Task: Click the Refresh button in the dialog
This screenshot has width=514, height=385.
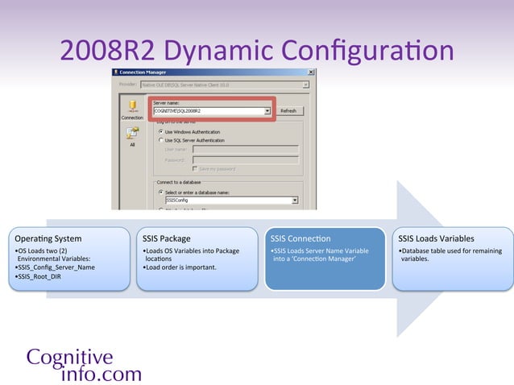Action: click(288, 111)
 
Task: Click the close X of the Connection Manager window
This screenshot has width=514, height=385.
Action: click(311, 72)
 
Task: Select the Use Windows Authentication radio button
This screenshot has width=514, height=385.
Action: click(161, 131)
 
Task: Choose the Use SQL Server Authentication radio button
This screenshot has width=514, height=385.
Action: click(161, 139)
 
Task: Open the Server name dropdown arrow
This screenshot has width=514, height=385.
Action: click(267, 111)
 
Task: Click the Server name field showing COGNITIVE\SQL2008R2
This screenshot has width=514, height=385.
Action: click(208, 111)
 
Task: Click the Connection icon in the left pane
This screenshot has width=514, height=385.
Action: click(132, 108)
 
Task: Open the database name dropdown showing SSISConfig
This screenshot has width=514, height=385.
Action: click(296, 200)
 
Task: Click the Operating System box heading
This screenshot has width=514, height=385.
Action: click(48, 238)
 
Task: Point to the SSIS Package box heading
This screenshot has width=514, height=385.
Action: click(167, 238)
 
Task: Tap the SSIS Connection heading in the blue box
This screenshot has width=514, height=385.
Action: click(301, 238)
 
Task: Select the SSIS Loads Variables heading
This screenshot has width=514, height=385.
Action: click(436, 238)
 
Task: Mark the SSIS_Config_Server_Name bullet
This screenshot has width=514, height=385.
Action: click(55, 267)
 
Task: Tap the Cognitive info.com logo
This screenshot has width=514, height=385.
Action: click(84, 365)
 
